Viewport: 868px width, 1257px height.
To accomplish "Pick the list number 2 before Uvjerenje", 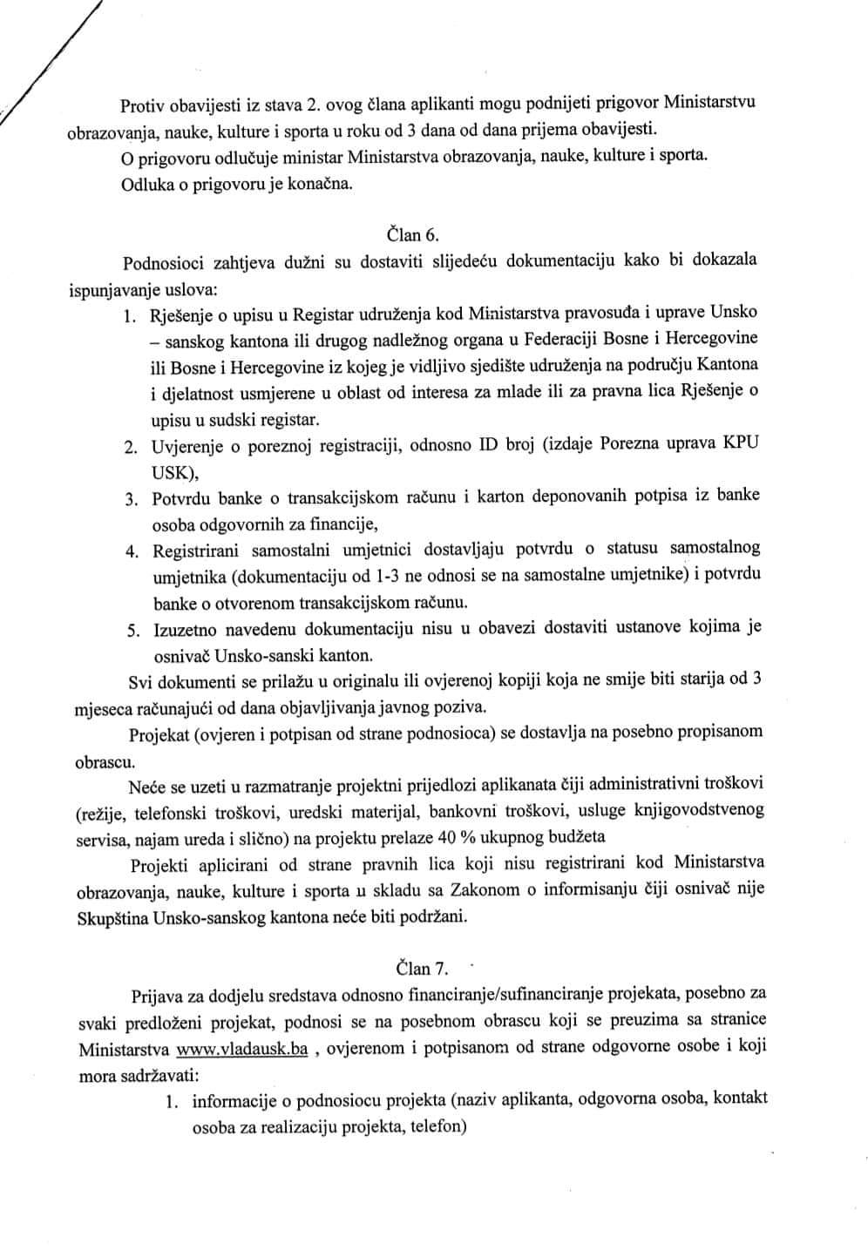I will coord(129,447).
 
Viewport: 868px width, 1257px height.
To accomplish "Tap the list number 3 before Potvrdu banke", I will coord(129,499).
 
